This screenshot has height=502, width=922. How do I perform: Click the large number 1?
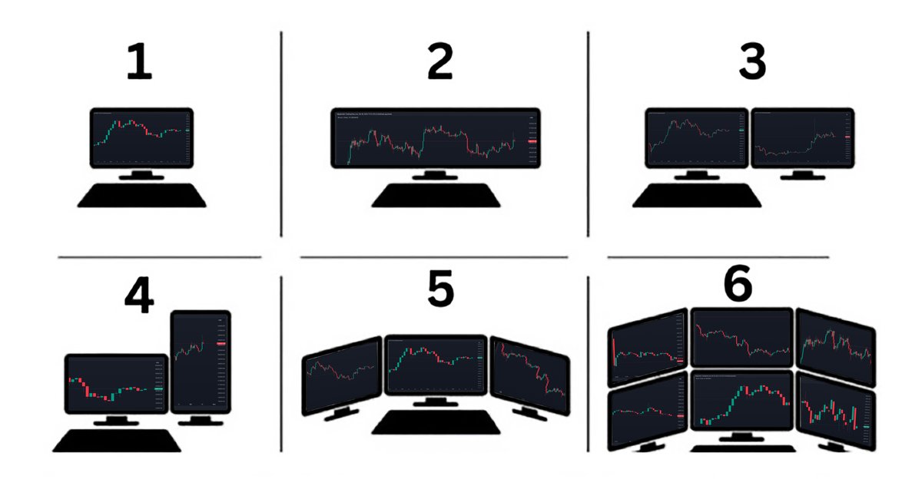tap(140, 64)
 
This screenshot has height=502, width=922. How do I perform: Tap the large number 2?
tap(439, 64)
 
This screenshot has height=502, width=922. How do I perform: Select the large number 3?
tap(751, 64)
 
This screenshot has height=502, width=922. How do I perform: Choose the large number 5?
tap(440, 289)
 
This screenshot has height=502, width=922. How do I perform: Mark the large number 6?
tap(738, 286)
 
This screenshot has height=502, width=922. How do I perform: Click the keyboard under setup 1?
tap(141, 197)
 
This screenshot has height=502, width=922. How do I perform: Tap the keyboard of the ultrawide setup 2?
tap(436, 197)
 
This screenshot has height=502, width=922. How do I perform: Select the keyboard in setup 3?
tap(696, 197)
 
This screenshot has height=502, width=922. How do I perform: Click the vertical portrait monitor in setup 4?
tap(201, 361)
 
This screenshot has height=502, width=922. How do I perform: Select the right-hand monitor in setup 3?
tap(802, 139)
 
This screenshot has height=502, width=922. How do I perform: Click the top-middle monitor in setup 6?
tap(741, 336)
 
